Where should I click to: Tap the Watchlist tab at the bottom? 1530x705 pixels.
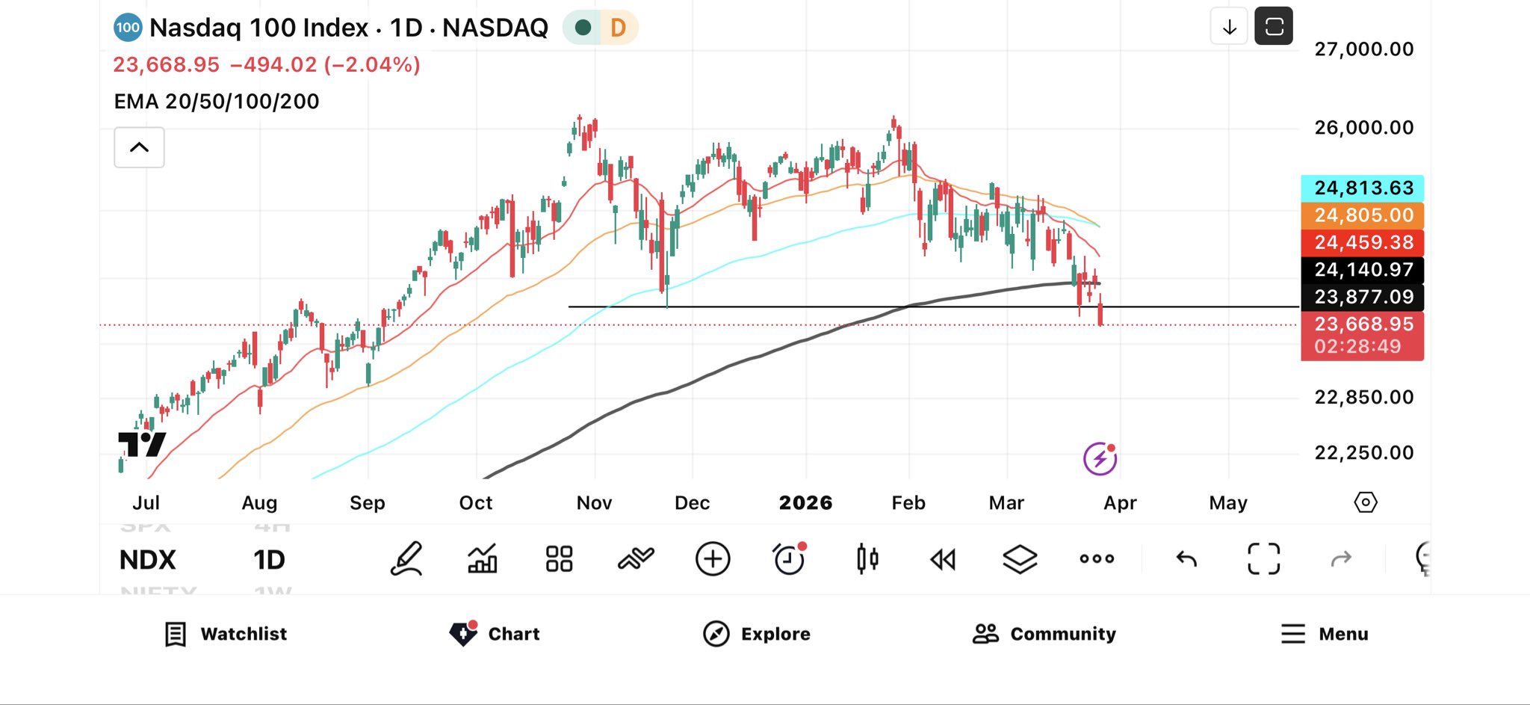(x=226, y=634)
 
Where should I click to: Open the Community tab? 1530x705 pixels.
(x=1044, y=634)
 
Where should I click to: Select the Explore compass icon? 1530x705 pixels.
(x=716, y=634)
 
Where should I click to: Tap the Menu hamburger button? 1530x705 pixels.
(x=1293, y=634)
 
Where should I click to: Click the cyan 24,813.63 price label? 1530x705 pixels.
(x=1362, y=188)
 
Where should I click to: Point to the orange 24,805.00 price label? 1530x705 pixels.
(x=1362, y=215)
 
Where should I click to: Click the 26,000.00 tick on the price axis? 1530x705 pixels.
(x=1363, y=128)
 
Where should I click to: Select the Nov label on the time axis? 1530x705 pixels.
(x=594, y=503)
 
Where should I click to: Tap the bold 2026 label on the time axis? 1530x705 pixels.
(x=805, y=503)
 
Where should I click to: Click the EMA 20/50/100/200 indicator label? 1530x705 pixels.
(x=217, y=102)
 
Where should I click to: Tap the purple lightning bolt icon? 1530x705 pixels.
(x=1100, y=458)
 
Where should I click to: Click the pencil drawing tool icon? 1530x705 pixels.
(x=407, y=559)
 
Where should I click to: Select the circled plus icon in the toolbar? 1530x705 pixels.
(x=713, y=559)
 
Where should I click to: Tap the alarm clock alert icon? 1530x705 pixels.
(x=789, y=558)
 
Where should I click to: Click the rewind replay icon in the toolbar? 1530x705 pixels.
(x=943, y=559)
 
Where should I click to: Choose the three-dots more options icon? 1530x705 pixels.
(x=1097, y=559)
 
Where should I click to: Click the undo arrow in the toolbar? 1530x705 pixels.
(x=1186, y=559)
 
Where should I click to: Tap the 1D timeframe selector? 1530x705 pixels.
(x=269, y=560)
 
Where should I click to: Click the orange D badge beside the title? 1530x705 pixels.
(x=618, y=28)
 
